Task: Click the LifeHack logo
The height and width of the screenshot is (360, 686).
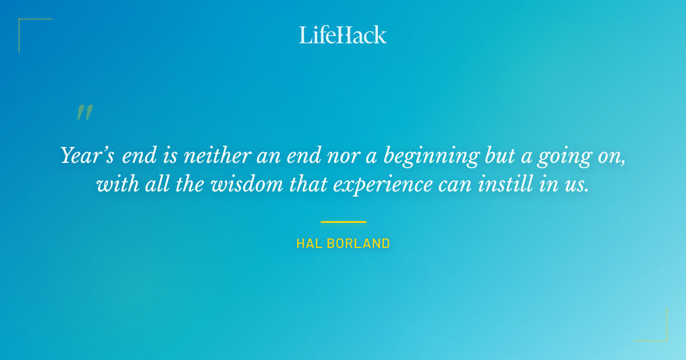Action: point(343,35)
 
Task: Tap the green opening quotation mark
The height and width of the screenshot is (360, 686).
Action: point(85,113)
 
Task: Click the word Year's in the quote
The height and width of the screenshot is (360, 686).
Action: point(87,155)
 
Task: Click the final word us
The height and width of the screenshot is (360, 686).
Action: point(577,185)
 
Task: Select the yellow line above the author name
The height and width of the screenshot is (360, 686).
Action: point(343,222)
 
